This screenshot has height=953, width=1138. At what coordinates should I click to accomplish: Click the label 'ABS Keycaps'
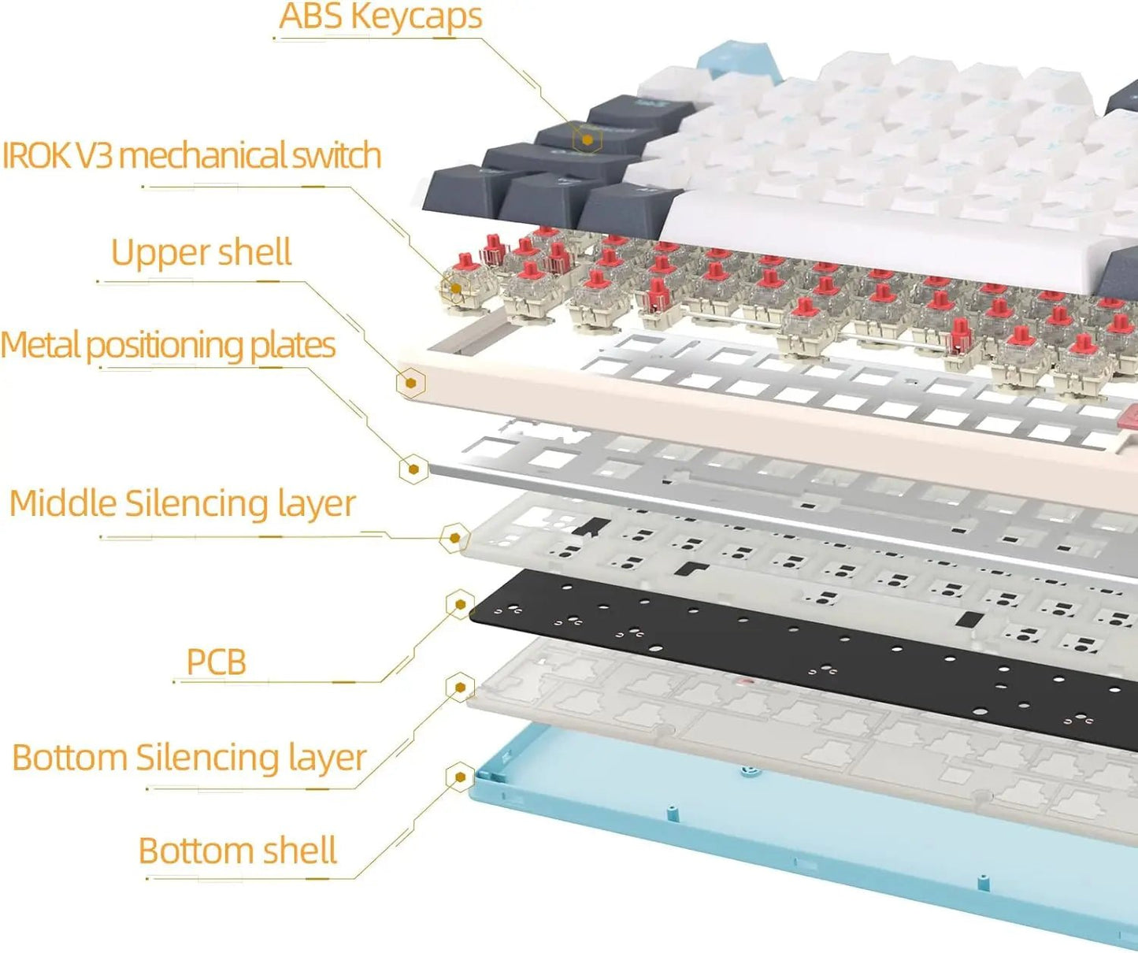point(380,17)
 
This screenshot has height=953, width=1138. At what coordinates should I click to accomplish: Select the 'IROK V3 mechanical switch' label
point(191,155)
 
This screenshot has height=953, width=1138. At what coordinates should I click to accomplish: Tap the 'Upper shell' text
point(201,252)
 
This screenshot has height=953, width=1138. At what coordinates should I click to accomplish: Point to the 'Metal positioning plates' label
point(168,345)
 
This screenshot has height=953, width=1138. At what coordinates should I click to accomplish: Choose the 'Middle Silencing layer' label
point(182,503)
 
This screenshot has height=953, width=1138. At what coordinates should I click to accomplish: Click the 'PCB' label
point(216,662)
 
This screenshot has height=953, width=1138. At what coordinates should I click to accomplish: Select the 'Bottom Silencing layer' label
point(189,757)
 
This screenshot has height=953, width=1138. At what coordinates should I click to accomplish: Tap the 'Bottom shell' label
point(237,851)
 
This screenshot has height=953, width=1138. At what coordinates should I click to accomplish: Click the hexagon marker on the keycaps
point(587,140)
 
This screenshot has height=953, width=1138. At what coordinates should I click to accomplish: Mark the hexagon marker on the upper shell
point(410,384)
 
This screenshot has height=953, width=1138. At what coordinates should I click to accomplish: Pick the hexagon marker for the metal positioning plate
point(413,469)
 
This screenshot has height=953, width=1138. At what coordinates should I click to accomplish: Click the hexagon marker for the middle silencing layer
point(454,539)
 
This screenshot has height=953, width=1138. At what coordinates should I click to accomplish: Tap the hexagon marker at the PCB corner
point(459,605)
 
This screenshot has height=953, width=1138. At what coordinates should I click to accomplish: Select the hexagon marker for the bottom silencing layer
point(460,688)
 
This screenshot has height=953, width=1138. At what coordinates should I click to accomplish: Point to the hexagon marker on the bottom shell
point(460,778)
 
